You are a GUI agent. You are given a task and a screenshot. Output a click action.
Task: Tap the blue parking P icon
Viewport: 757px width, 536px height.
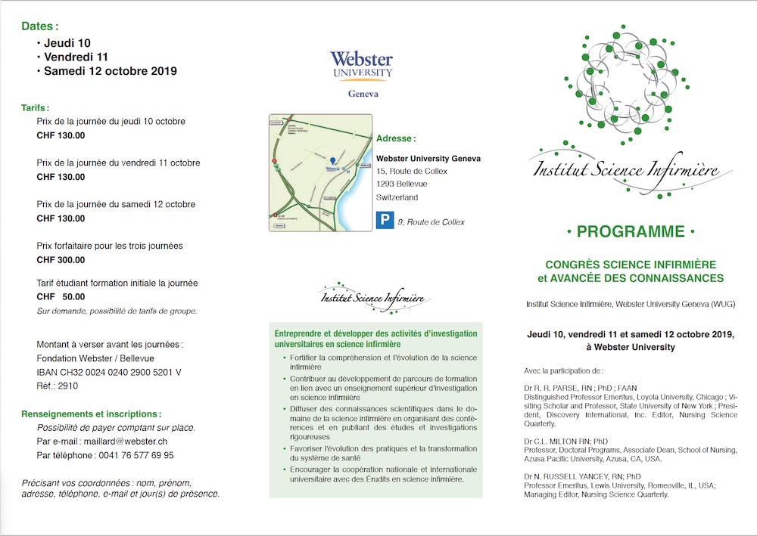click(385, 222)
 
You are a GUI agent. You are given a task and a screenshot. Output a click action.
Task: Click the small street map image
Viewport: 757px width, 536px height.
click(320, 172)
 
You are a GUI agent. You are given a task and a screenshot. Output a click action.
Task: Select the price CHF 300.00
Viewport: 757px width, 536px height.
click(61, 260)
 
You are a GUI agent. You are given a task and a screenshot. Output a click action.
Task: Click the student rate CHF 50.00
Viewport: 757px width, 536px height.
click(61, 297)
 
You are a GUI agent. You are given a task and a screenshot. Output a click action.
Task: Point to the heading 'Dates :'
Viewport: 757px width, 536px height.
click(40, 26)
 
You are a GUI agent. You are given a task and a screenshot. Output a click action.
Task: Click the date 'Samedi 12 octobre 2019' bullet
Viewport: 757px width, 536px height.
click(110, 72)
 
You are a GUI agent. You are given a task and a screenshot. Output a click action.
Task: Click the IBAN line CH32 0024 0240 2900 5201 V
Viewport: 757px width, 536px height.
click(109, 372)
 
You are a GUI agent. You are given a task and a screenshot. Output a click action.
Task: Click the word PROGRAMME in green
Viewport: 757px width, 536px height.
click(630, 231)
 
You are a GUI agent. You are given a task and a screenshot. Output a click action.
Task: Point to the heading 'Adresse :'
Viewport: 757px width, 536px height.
click(396, 139)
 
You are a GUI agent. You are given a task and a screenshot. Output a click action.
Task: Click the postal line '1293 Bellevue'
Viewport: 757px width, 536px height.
click(401, 184)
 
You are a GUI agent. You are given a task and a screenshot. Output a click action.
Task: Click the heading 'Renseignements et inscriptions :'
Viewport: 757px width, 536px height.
click(91, 414)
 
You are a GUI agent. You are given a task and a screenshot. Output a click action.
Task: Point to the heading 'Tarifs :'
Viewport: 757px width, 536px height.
click(36, 108)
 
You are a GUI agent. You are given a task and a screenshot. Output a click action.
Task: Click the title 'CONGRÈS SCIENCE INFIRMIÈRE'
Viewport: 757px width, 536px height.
click(630, 265)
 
